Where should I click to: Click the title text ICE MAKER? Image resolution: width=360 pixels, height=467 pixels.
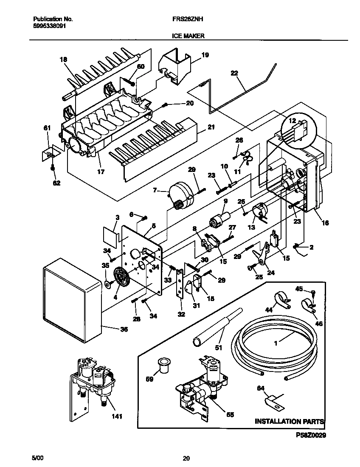pos(188,37)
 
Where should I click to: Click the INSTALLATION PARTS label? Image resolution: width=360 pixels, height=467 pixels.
pos(289,422)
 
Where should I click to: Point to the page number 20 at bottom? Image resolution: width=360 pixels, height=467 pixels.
pos(186,458)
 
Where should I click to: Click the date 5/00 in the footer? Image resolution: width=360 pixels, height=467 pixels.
pos(37,458)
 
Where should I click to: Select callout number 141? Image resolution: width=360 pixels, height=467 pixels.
pos(117,416)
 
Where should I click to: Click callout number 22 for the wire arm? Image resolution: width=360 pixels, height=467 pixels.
pos(234,73)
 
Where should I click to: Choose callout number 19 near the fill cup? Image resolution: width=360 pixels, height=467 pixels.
pos(205,55)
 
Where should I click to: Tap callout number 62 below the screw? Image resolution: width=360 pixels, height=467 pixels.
pos(56,183)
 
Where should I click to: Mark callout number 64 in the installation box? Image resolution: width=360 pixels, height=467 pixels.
pos(261,388)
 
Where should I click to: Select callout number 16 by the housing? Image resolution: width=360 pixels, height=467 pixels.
pos(325,222)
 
